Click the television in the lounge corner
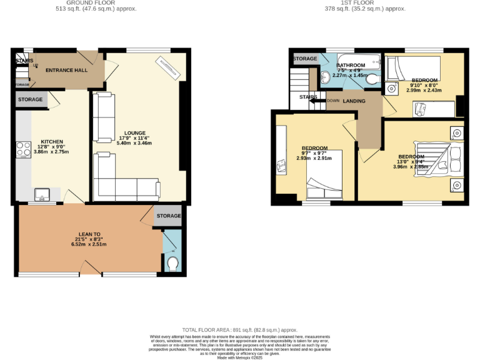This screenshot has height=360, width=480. coord(168,67)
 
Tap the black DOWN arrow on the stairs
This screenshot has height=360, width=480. coord(317,100)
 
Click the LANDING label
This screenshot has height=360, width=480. coord(354,101)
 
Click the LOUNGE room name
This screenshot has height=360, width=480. coord(135,132)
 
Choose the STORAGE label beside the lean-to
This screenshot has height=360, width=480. coord(168,216)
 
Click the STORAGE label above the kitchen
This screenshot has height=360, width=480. coord(30,99)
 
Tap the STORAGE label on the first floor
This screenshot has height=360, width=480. coord(305,59)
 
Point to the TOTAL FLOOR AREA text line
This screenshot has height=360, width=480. coord(239,329)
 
